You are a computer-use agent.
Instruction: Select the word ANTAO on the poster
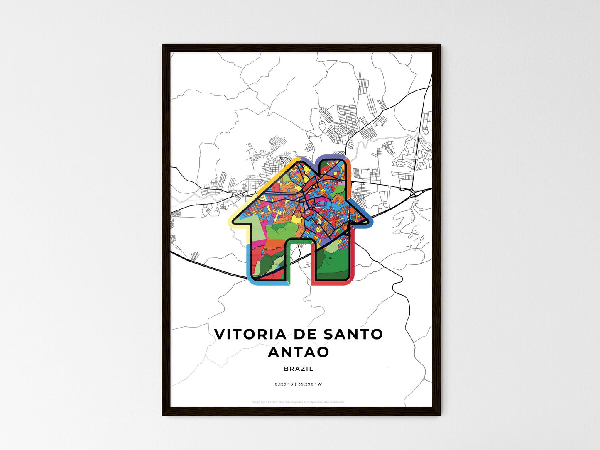299,352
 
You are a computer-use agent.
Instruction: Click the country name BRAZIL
299,369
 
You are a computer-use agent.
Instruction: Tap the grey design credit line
298,402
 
